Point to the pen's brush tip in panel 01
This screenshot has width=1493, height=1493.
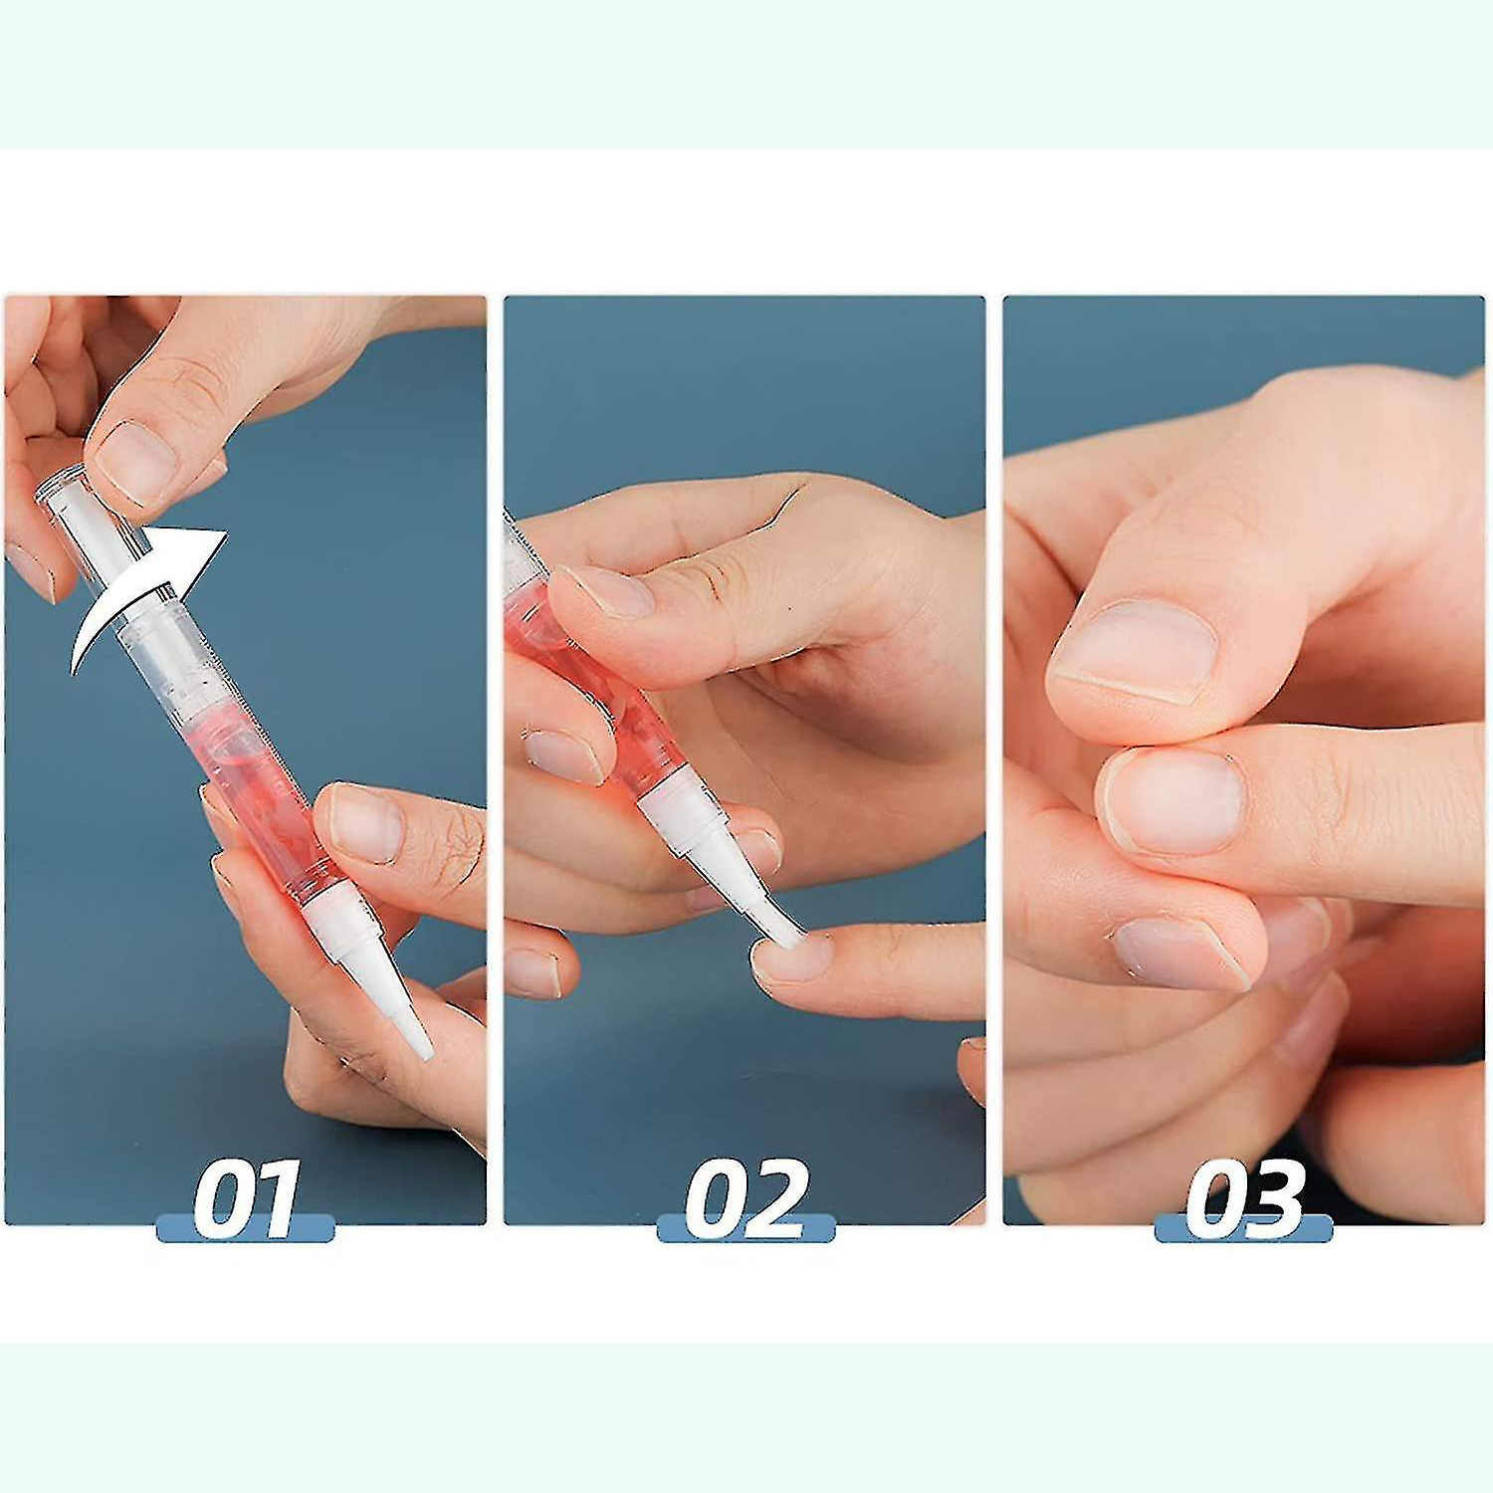tap(416, 1029)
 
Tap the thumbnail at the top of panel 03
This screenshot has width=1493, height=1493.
tap(1135, 652)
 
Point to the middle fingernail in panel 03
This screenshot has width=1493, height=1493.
tap(1174, 801)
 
